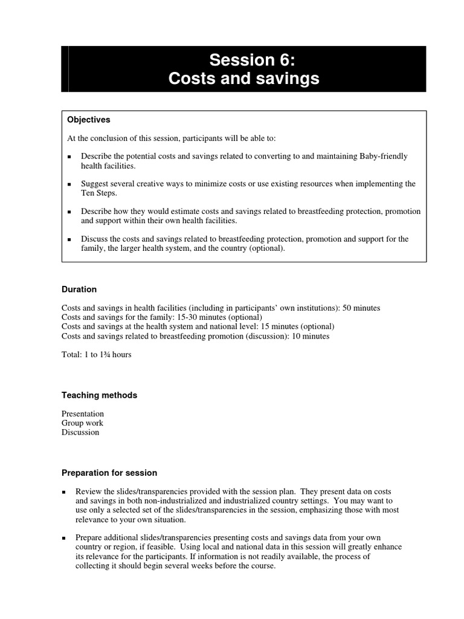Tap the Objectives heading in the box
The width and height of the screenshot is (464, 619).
tap(88, 120)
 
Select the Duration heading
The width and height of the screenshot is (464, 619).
tap(79, 290)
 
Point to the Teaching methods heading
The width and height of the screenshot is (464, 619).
tap(99, 395)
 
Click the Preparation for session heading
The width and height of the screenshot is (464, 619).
tap(109, 473)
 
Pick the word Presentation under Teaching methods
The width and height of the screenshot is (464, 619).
tap(83, 414)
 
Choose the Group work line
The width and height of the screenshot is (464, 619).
tap(82, 423)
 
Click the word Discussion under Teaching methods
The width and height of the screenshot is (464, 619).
tap(80, 432)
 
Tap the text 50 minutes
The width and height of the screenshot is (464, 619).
tap(361, 308)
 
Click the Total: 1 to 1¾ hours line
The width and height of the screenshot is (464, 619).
tap(97, 355)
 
